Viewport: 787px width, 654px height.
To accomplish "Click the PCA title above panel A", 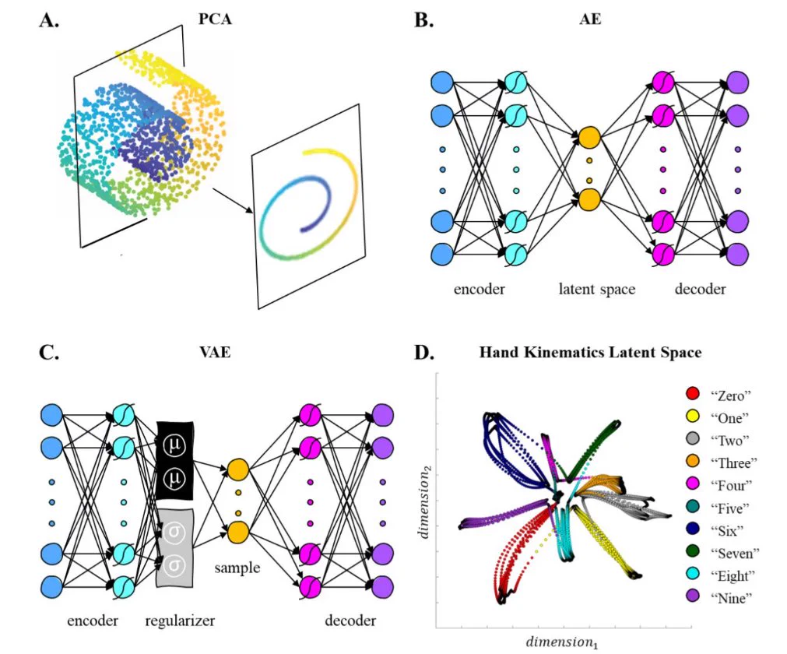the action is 215,19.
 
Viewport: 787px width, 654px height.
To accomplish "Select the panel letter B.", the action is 424,19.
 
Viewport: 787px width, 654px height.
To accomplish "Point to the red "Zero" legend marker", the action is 693,393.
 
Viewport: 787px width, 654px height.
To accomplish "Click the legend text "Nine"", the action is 731,597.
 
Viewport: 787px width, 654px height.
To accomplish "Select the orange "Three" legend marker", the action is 693,461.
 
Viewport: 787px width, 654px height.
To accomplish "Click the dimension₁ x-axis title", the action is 561,642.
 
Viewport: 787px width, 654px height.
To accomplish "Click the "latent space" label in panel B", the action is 597,289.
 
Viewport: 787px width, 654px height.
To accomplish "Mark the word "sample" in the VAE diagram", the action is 237,568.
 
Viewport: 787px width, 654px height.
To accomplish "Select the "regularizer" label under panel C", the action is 180,621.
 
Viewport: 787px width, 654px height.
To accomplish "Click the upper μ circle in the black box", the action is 174,445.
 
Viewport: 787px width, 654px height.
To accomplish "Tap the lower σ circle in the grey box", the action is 174,566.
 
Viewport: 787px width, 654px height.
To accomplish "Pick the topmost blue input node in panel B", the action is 442,83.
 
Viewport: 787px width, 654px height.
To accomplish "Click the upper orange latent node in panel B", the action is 589,137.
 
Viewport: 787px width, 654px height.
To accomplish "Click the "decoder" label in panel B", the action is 700,289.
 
